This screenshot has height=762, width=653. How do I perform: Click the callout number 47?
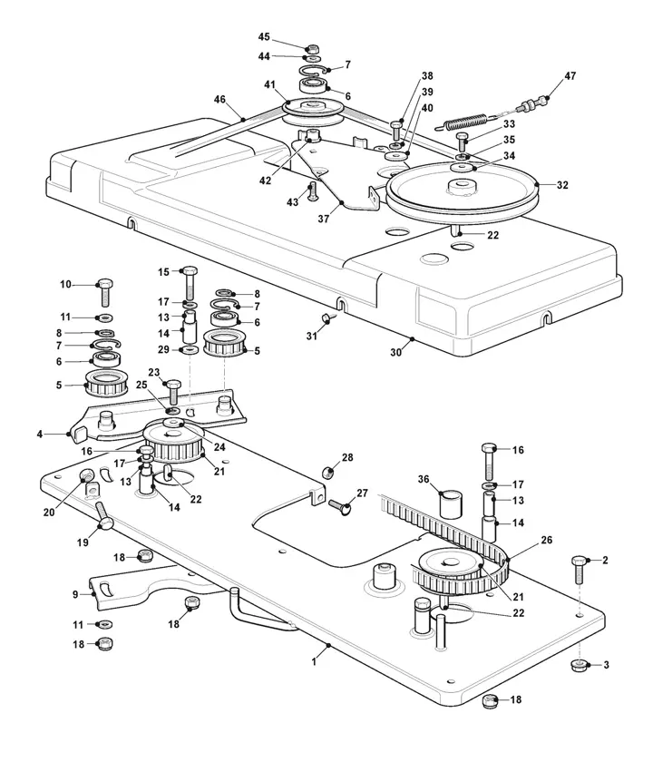570,76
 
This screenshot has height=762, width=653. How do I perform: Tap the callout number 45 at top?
264,37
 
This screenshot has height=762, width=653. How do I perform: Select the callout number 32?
562,185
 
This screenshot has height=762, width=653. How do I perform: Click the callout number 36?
423,480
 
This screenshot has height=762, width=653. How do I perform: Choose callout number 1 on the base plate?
314,662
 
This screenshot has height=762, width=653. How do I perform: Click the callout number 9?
75,595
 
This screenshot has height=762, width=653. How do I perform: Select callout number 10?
65,285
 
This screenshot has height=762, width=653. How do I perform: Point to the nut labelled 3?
578,667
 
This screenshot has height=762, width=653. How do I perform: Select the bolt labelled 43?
313,193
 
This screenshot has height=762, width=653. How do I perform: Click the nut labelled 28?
331,472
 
